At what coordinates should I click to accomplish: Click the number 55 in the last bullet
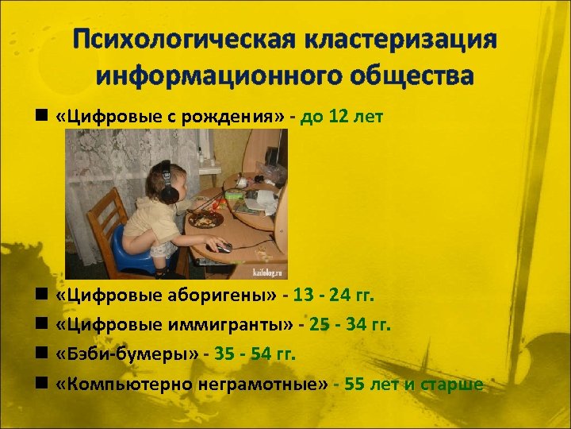(355, 384)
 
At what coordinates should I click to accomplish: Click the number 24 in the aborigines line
(340, 296)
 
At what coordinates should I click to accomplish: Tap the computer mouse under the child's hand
(224, 247)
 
